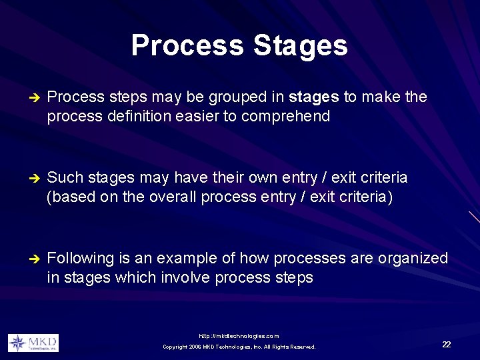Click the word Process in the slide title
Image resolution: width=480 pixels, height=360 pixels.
[188, 46]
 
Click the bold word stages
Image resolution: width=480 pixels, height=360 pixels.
[314, 97]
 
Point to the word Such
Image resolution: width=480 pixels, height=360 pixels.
[64, 178]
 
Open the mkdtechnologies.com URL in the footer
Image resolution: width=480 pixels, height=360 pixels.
[239, 336]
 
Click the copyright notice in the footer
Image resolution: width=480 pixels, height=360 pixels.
[239, 347]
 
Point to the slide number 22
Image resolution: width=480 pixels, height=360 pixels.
[446, 344]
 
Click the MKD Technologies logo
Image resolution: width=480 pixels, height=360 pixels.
[33, 343]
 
